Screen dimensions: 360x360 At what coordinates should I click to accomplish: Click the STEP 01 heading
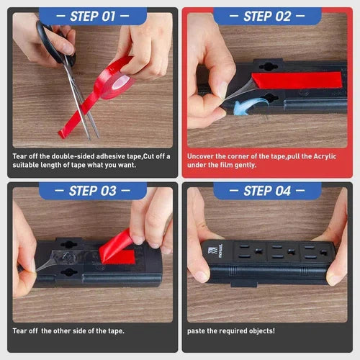pos(93,17)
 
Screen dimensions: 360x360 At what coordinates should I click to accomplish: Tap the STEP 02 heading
pos(267,17)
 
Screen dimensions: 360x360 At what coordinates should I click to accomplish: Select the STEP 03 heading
pos(93,191)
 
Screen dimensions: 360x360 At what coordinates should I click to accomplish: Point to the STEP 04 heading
pos(267,191)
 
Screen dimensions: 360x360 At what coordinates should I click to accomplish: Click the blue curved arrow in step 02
pos(250,106)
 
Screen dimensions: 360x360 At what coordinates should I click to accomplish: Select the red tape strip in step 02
pos(297,80)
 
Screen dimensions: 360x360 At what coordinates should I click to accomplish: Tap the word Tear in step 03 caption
pos(19,331)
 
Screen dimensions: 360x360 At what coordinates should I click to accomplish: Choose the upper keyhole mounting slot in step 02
pos(269,66)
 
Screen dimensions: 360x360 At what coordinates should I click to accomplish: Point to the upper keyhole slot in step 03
pos(69,244)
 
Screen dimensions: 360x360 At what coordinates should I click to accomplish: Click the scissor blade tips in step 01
pos(94,138)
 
